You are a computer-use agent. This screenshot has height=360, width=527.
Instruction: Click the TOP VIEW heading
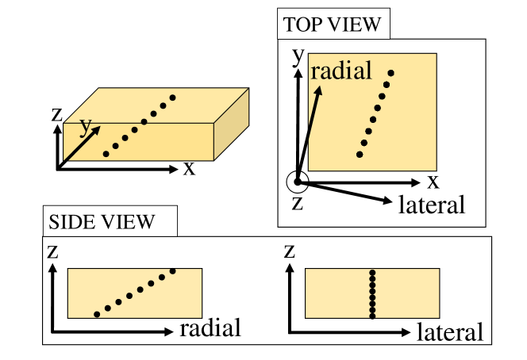[x=333, y=25]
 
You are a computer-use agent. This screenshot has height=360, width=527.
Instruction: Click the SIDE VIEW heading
[x=102, y=221]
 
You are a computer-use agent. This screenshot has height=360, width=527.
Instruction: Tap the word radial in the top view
[x=341, y=71]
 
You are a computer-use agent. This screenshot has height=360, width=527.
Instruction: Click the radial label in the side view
[x=210, y=327]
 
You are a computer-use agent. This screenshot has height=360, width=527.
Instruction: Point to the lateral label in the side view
[x=449, y=332]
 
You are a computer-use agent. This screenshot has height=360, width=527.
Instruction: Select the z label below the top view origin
[x=298, y=202]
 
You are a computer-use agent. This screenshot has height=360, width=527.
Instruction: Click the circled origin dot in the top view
[x=298, y=182]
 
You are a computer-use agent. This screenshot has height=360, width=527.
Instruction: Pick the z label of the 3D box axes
[x=56, y=113]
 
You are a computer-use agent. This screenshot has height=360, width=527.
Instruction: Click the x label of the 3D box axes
[x=189, y=168]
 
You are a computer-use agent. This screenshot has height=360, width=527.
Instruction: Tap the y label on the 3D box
[x=86, y=126]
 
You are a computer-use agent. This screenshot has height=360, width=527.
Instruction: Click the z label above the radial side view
[x=52, y=252]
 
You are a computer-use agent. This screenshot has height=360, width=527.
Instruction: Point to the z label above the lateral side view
[x=290, y=252]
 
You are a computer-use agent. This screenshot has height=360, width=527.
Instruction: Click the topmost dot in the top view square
[x=390, y=74]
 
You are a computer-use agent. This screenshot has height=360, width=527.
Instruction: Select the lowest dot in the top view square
[x=360, y=154]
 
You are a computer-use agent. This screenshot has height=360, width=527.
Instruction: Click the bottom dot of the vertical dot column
[x=373, y=315]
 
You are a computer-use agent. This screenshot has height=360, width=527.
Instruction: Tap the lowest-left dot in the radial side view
[x=97, y=314]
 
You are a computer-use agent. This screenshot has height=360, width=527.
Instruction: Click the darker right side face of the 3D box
[x=234, y=127]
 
